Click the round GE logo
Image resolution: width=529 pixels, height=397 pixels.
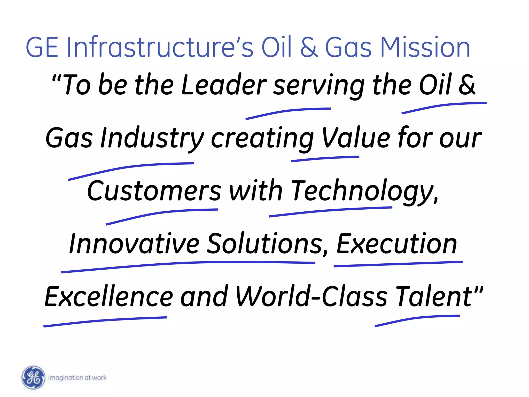(33, 377)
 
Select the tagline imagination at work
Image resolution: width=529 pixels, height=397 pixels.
(77, 378)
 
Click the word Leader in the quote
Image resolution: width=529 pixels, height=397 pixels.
(224, 85)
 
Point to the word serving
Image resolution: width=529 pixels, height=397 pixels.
(319, 85)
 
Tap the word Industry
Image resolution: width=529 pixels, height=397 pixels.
(152, 138)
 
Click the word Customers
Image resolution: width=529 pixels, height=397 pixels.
(154, 191)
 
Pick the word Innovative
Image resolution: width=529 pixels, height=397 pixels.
(134, 244)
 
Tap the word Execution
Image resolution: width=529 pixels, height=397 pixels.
(397, 244)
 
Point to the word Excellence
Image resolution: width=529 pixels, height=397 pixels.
(109, 297)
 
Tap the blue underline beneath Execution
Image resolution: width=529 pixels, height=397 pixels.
(398, 264)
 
